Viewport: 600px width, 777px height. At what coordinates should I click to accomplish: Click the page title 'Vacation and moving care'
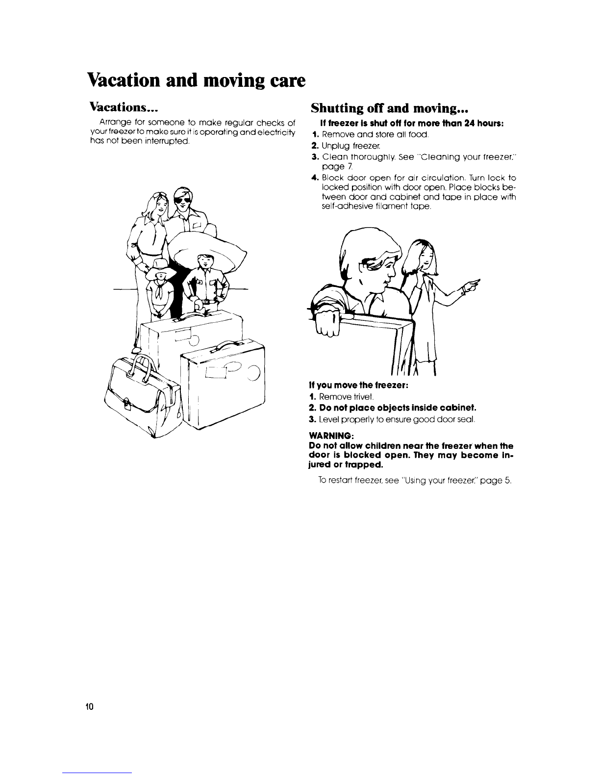(x=196, y=79)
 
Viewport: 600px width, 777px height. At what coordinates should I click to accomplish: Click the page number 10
(x=88, y=707)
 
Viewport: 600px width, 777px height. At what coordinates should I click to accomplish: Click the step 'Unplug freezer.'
(x=347, y=146)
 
